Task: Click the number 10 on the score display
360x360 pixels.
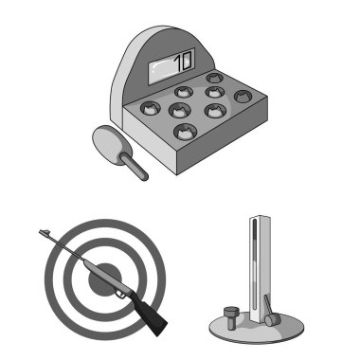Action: point(183,61)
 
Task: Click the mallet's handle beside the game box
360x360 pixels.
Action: point(134,167)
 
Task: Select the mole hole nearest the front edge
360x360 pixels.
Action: point(186,132)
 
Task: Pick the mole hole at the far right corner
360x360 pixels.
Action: point(243,97)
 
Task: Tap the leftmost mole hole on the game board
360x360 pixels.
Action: point(151,108)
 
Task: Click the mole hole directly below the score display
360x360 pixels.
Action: point(184,92)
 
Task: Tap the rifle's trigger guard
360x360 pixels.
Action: point(119,295)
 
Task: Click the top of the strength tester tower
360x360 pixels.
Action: point(260,218)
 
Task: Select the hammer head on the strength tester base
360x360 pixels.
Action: point(273,319)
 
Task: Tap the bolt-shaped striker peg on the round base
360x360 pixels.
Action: point(231,317)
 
